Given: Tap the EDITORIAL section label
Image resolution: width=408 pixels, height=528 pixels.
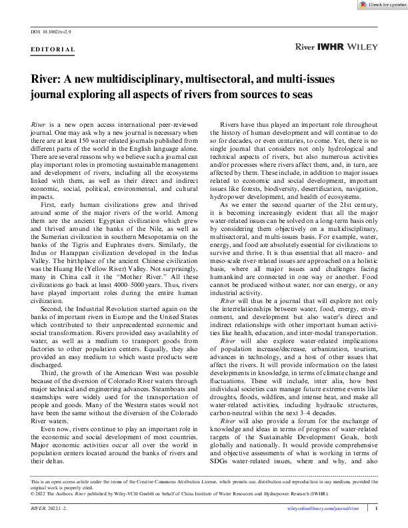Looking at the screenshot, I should (53, 51).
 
